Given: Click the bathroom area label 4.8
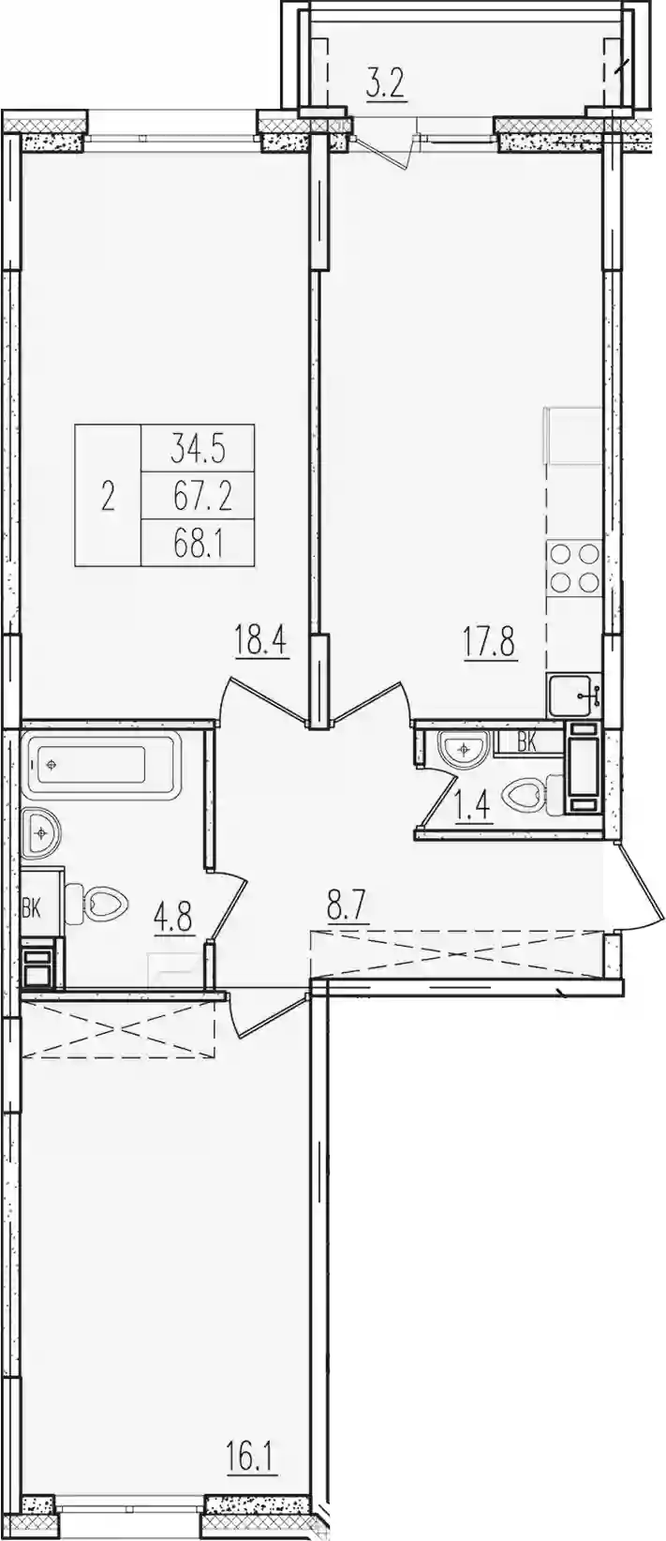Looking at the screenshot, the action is pyautogui.click(x=174, y=920).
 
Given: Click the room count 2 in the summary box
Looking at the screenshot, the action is pyautogui.click(x=108, y=497).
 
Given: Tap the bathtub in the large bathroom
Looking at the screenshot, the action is pyautogui.click(x=101, y=764).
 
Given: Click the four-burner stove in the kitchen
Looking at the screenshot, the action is pyautogui.click(x=573, y=567).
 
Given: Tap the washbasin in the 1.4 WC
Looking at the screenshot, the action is pyautogui.click(x=464, y=748).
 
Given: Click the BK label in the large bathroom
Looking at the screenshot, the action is pyautogui.click(x=31, y=909).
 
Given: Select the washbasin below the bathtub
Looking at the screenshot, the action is pyautogui.click(x=41, y=834).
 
